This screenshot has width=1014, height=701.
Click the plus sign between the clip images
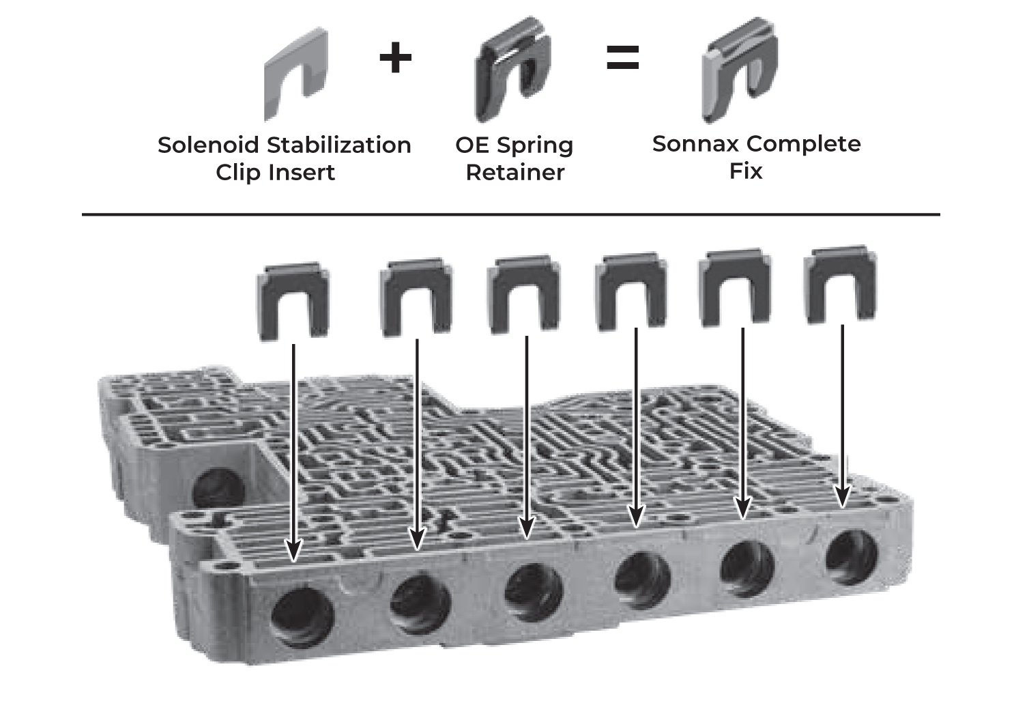point(396,58)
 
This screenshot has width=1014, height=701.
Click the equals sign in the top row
point(622,58)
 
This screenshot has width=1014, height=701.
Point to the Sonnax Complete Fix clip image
point(739,70)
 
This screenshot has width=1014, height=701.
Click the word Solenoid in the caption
point(208,145)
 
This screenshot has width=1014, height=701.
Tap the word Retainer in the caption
point(515,172)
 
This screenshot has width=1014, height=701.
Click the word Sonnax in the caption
point(696,144)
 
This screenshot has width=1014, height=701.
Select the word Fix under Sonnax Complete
point(745,171)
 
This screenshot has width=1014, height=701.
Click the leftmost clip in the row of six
point(293,300)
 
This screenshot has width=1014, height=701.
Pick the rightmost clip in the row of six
point(840,285)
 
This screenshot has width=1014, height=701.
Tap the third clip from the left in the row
point(523,295)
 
